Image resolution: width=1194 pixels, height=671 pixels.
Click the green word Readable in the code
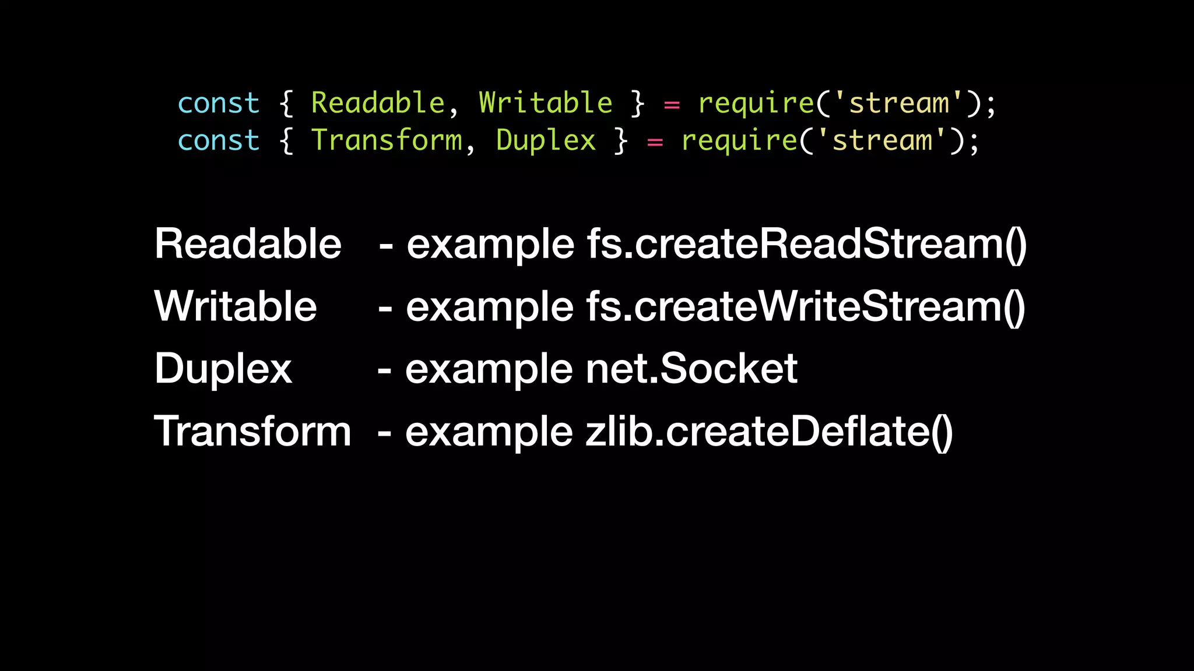[x=378, y=103]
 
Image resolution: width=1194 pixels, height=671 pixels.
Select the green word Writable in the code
[x=546, y=103]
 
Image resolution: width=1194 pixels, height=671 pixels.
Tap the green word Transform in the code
[x=387, y=140]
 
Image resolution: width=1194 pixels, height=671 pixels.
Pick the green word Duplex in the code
[x=546, y=140]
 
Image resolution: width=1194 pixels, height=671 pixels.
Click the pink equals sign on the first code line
[x=672, y=105]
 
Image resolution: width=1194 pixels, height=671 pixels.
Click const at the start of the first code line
[x=219, y=104]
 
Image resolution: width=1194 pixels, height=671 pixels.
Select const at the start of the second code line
[x=219, y=141]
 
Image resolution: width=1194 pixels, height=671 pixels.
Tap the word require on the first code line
[x=756, y=104]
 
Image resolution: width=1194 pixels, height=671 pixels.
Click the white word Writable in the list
[x=236, y=306]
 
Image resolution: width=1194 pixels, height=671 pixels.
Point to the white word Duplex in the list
[x=223, y=369]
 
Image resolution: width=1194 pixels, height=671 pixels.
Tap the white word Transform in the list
[x=252, y=432]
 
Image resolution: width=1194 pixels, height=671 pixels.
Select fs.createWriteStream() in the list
[x=806, y=306]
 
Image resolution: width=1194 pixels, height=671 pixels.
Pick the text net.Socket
[x=691, y=369]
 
